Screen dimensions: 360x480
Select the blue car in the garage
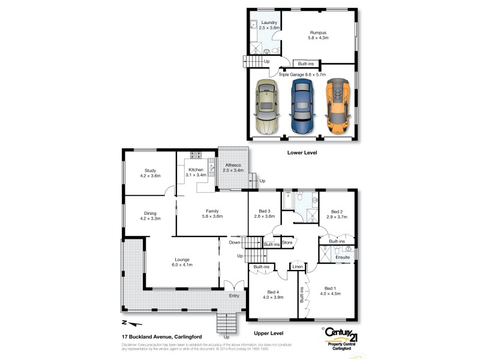302,107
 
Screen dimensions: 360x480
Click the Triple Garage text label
302,75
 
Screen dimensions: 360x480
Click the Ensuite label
343,257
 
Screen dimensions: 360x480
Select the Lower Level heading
302,153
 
